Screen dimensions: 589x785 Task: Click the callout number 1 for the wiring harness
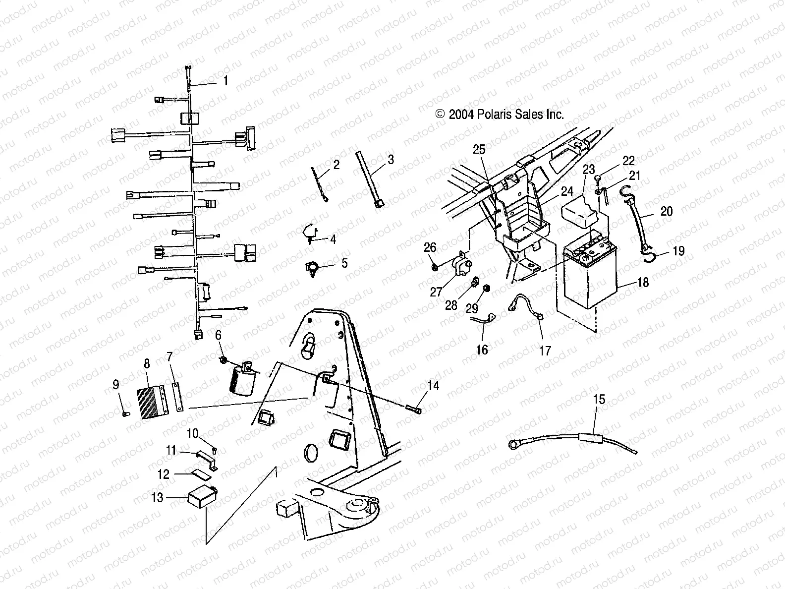[226, 80]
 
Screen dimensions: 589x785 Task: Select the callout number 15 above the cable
[599, 399]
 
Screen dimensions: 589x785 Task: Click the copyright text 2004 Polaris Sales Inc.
[500, 115]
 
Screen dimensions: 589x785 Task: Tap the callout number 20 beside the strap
[667, 212]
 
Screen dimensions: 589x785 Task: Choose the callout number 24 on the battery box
[566, 191]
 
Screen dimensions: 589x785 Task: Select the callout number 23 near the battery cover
[588, 170]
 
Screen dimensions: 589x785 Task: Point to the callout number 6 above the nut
[218, 335]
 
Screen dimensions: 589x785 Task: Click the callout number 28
[451, 305]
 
